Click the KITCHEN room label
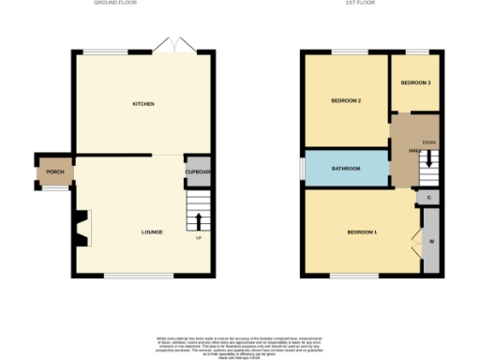click(x=143, y=103)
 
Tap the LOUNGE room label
click(x=152, y=232)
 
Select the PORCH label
click(x=54, y=172)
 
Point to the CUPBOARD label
click(x=198, y=172)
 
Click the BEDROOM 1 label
click(x=362, y=232)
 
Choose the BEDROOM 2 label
click(x=346, y=100)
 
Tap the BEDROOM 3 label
click(x=415, y=83)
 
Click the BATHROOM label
click(x=346, y=168)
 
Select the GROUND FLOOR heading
click(x=140, y=4)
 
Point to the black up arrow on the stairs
click(x=198, y=221)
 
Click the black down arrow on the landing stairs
click(x=429, y=159)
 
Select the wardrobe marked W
click(x=431, y=242)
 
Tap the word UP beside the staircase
click(x=198, y=237)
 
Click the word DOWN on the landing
click(x=428, y=142)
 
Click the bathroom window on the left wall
click(x=301, y=167)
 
